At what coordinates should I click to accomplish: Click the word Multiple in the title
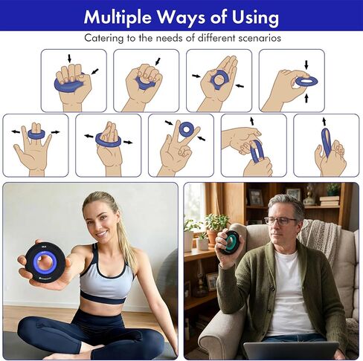(117, 17)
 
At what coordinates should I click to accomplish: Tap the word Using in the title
(255, 17)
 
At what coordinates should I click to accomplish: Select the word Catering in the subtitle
(103, 38)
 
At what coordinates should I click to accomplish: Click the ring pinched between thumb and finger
(306, 81)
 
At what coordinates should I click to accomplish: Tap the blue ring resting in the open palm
(218, 79)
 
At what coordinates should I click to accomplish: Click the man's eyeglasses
(280, 221)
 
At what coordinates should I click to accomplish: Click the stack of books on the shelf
(330, 201)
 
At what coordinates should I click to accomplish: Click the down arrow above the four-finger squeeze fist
(69, 59)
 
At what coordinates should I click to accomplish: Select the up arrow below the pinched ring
(306, 98)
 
